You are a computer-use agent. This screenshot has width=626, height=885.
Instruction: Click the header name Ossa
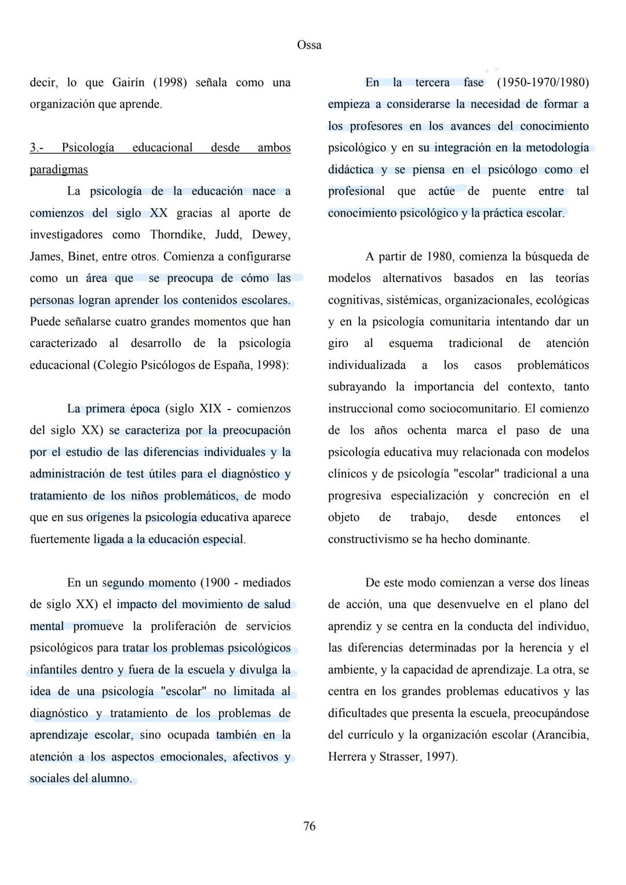[x=309, y=45]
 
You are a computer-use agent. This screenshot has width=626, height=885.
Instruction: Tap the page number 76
[x=310, y=826]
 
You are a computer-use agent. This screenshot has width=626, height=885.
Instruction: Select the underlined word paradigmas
[x=59, y=170]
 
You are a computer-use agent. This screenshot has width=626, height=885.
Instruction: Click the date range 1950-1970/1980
[x=543, y=83]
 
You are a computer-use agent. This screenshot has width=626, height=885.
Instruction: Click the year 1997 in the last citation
[x=442, y=757]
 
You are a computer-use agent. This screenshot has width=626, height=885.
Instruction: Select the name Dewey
[x=271, y=235]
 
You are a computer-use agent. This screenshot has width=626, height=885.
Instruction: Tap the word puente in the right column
[x=509, y=192]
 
